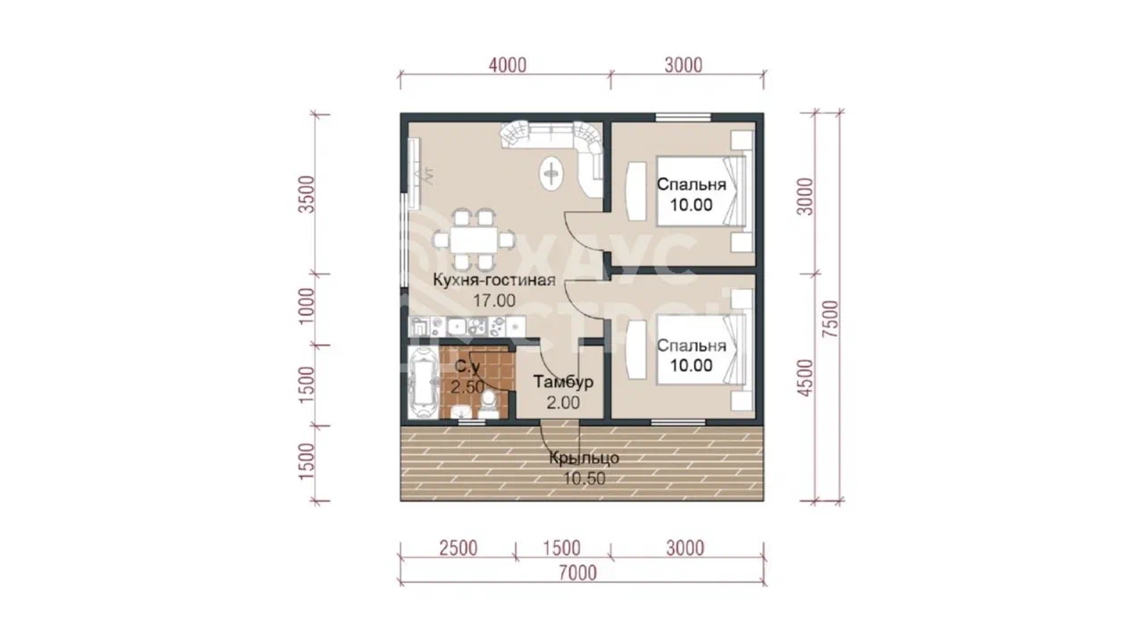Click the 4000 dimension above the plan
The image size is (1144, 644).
[507, 65]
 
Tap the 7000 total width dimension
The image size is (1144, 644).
[577, 573]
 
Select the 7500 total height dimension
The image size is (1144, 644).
[830, 318]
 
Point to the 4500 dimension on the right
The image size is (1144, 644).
[805, 377]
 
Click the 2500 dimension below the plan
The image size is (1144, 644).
[458, 548]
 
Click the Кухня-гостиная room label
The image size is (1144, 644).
[494, 280]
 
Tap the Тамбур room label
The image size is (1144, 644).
[563, 382]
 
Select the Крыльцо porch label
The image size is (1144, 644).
[585, 458]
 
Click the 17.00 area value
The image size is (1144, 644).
[494, 301]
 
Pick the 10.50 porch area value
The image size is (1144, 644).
[585, 479]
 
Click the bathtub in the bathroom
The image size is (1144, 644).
[423, 383]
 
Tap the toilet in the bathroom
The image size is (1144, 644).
[489, 405]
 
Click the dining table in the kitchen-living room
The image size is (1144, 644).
[474, 239]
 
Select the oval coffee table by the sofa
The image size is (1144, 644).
[551, 174]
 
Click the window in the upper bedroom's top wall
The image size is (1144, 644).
[684, 117]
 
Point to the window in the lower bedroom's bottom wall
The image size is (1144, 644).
[678, 422]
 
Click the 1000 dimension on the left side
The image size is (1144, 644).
[307, 307]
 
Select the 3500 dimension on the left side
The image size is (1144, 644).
[307, 195]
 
